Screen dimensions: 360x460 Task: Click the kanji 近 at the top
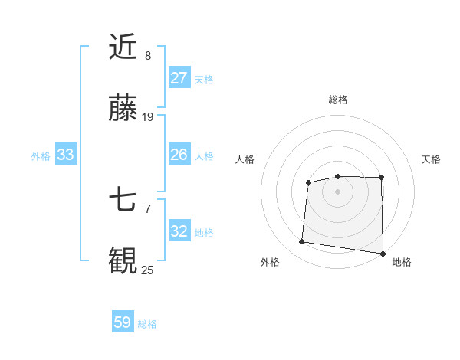pyautogui.click(x=123, y=47)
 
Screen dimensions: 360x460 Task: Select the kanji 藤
pyautogui.click(x=123, y=110)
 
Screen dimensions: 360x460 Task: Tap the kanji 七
pyautogui.click(x=123, y=200)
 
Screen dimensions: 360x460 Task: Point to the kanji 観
pyautogui.click(x=123, y=260)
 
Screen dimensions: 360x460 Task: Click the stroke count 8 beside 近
pyautogui.click(x=147, y=56)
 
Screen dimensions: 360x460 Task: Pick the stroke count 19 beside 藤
pyautogui.click(x=148, y=117)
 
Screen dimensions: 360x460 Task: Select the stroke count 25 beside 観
pyautogui.click(x=148, y=269)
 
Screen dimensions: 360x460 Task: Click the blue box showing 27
pyautogui.click(x=179, y=78)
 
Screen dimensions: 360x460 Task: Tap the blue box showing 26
pyautogui.click(x=179, y=155)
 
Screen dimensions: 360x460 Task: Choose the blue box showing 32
pyautogui.click(x=179, y=231)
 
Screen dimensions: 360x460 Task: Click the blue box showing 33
pyautogui.click(x=66, y=155)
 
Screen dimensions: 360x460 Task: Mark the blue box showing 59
pyautogui.click(x=123, y=322)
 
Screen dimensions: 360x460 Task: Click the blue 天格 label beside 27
pyautogui.click(x=204, y=79)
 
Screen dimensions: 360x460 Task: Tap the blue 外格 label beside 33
pyautogui.click(x=41, y=156)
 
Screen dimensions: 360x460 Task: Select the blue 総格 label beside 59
pyautogui.click(x=147, y=324)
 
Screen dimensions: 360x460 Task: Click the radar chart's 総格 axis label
pyautogui.click(x=337, y=100)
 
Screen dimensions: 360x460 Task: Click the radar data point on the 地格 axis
pyautogui.click(x=383, y=254)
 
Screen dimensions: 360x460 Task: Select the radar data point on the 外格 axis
pyautogui.click(x=301, y=242)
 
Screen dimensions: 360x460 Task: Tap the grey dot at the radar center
pyautogui.click(x=337, y=191)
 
